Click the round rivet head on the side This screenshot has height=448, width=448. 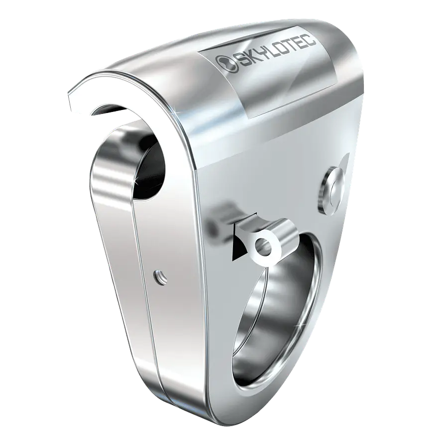click(332, 190)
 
